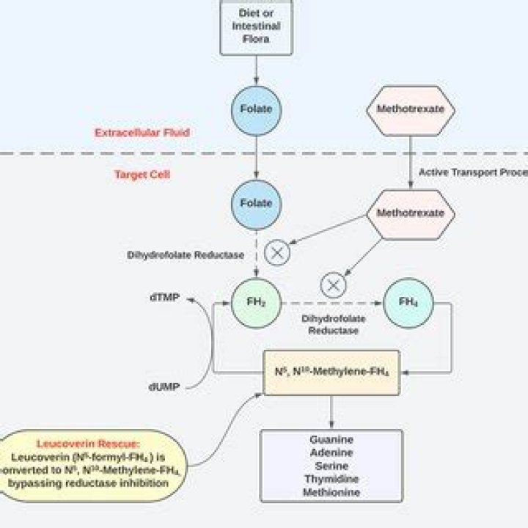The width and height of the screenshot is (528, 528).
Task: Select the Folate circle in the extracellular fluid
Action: coord(256,109)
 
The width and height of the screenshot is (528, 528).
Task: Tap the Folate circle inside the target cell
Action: coord(256,203)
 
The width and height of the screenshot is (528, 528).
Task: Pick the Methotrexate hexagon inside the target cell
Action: coord(410,213)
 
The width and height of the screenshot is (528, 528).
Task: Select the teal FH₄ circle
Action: coord(408,301)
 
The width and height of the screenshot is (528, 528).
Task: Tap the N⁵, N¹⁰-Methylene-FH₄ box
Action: coord(331,373)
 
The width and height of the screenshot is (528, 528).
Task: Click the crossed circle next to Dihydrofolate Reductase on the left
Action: coord(278,252)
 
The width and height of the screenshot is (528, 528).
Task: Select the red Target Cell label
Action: coord(142,175)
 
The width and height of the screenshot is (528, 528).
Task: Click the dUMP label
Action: coord(163,386)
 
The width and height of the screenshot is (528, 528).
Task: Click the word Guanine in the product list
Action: coord(331,439)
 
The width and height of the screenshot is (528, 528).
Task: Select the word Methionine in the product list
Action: coord(331,492)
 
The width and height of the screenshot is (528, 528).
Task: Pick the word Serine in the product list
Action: coord(331,466)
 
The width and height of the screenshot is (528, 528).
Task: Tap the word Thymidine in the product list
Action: coord(331,479)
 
